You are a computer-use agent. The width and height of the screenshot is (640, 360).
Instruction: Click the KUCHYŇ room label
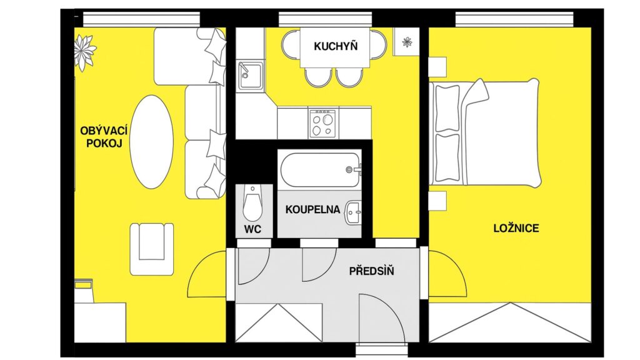click(x=336, y=46)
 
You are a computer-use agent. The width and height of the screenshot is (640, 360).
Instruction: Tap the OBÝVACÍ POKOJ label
click(x=104, y=137)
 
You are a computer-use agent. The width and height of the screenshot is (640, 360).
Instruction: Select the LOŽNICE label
click(x=516, y=228)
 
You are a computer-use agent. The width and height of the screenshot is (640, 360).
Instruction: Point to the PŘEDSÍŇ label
click(x=371, y=271)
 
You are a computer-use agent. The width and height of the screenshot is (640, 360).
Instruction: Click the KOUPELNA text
click(x=312, y=210)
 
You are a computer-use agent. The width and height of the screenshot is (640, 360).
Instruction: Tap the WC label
click(x=253, y=229)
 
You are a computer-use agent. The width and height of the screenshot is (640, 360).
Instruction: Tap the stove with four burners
click(x=322, y=123)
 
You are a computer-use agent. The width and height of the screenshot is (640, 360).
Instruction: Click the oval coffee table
click(x=151, y=142)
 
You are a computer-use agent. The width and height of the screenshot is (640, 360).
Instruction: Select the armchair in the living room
click(x=152, y=249)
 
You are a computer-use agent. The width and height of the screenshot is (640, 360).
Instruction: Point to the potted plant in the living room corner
click(x=84, y=52)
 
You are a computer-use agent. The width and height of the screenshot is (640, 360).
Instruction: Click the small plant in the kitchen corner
click(x=407, y=42)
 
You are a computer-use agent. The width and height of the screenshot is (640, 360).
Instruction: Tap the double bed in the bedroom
click(x=486, y=132)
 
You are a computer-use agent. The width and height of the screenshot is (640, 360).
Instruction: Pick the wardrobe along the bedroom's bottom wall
click(x=510, y=322)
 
